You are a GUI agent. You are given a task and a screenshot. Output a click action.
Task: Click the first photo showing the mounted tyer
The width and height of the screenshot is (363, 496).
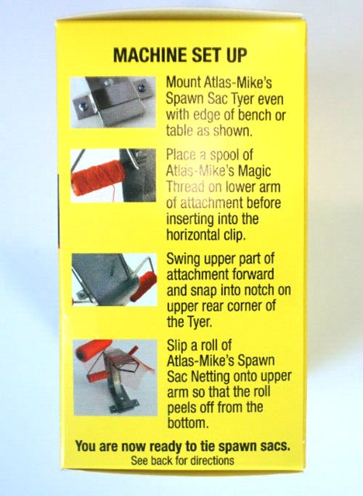coord(113,102)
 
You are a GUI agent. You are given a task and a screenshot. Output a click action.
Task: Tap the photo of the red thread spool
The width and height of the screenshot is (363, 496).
coord(113,174)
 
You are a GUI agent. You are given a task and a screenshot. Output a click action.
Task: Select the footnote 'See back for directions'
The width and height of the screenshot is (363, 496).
coord(181,460)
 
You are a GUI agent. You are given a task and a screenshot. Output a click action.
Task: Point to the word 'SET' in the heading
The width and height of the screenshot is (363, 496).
coord(197,56)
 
